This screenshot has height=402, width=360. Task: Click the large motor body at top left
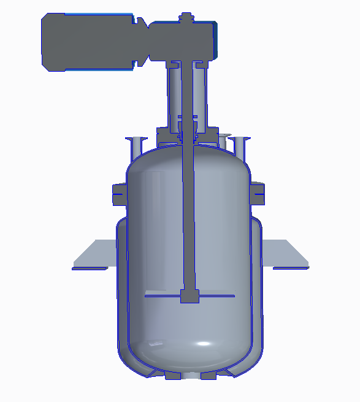(86, 40)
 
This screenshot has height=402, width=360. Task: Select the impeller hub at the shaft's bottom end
(190, 297)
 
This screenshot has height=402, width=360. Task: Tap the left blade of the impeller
(163, 296)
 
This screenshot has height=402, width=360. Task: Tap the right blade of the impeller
(218, 296)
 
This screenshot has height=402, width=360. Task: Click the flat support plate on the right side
(285, 254)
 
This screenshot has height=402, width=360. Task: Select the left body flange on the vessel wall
(119, 194)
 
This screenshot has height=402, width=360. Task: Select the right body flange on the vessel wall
(259, 194)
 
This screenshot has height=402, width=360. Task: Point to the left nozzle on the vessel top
(136, 146)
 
